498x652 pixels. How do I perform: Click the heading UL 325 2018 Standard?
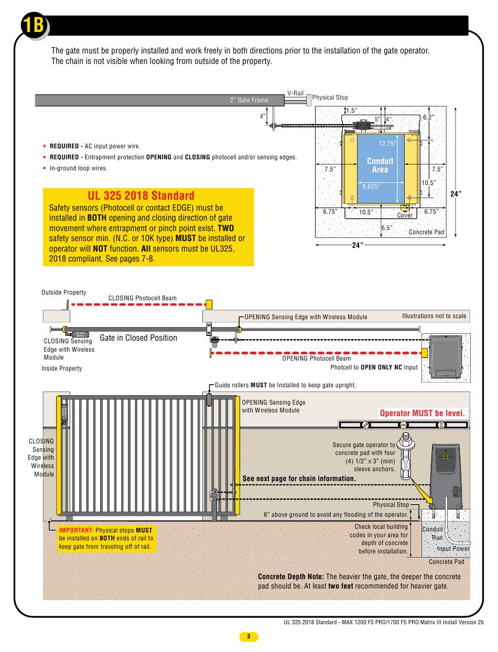pos(141,196)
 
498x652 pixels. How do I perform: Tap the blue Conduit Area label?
pos(380,165)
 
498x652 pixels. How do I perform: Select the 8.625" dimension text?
pos(371,186)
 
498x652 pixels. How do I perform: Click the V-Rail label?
pos(295,93)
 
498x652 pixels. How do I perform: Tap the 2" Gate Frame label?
pos(248,100)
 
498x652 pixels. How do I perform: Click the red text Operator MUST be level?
pos(423,413)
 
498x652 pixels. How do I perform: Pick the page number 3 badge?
pos(249,637)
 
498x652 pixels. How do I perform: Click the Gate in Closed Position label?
pos(138,338)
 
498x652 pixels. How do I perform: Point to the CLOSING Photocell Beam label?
pos(143,298)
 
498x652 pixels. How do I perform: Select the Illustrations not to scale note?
pos(434,316)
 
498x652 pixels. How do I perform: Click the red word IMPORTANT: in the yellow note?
pos(76,530)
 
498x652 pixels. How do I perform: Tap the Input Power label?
pos(453,549)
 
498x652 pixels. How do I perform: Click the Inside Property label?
pos(62,368)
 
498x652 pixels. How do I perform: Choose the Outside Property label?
pos(64,292)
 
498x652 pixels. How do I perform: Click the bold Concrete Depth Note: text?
pos(290,577)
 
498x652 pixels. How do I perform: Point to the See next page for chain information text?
pos(299,479)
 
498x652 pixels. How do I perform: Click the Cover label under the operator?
pos(405,215)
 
